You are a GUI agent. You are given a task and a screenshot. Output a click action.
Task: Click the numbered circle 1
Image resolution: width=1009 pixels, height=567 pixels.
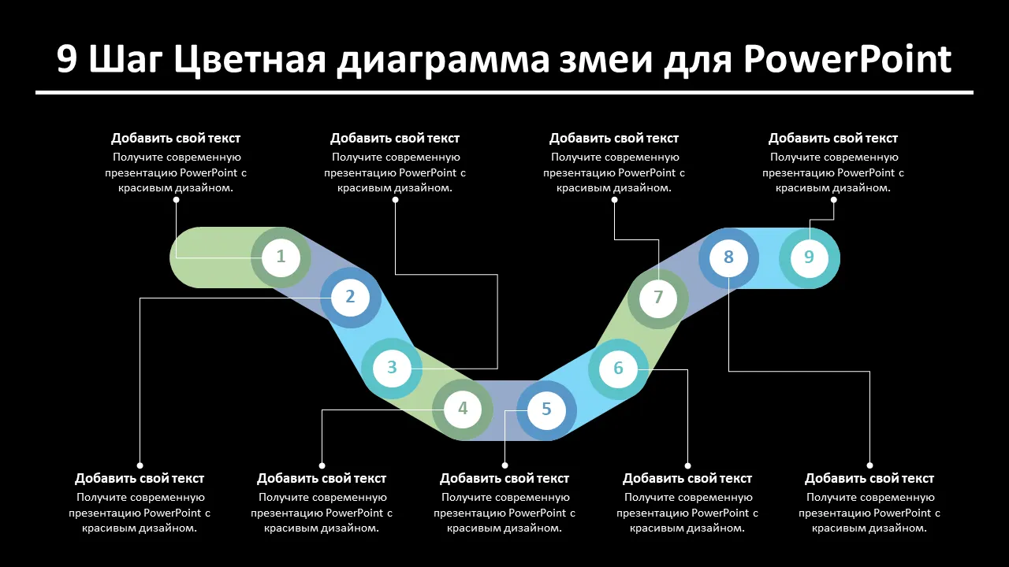point(281,257)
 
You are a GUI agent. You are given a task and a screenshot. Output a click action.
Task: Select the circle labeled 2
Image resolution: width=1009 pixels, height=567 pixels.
point(350,298)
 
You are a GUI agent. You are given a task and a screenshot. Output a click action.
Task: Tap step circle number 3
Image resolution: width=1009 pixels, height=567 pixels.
point(392,368)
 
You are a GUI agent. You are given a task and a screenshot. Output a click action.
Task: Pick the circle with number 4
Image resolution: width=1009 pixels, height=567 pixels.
point(463,409)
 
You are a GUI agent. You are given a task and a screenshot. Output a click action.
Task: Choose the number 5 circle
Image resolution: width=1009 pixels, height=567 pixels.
point(546,410)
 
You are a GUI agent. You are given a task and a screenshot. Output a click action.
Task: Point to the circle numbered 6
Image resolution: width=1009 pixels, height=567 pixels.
point(618,369)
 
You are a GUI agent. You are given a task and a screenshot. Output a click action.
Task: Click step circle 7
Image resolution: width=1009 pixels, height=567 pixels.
point(658,298)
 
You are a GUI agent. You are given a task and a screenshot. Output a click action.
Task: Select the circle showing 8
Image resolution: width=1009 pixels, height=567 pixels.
point(728,258)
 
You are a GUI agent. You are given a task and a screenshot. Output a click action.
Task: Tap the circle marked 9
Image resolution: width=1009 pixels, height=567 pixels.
point(809,258)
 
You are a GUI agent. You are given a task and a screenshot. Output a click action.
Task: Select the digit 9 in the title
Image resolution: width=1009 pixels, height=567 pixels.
point(67,61)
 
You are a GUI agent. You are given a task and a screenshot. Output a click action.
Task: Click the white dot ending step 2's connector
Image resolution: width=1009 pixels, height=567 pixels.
point(140,465)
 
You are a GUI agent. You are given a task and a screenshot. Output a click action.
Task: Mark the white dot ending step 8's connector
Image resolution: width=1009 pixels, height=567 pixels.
point(869,465)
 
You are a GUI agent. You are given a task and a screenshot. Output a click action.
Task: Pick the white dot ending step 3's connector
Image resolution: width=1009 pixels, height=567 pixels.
point(395,199)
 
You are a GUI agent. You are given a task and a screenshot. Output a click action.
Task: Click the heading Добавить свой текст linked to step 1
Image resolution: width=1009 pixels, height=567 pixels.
point(176,139)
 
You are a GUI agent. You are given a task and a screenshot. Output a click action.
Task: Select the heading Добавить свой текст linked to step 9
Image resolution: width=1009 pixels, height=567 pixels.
point(833,139)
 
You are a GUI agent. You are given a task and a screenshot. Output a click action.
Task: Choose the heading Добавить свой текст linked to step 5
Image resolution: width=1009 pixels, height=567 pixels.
point(504,479)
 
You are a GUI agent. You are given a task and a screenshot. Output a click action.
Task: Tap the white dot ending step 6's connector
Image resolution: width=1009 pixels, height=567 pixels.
point(687,465)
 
